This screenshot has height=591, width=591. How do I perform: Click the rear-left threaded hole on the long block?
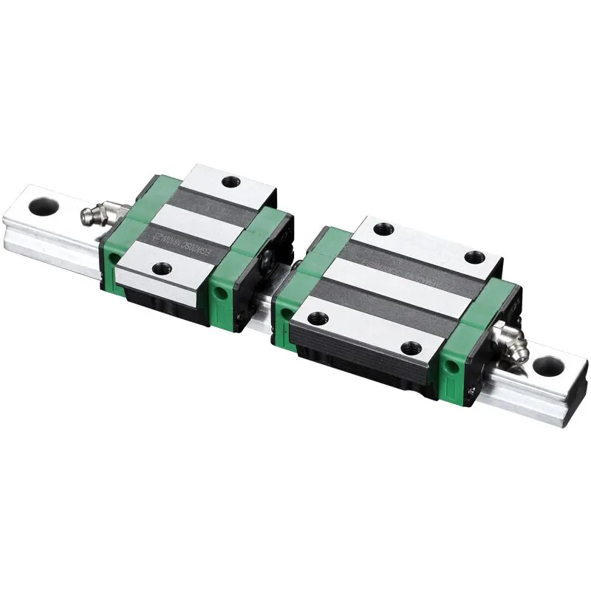383,229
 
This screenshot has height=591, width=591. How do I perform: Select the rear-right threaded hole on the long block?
475,257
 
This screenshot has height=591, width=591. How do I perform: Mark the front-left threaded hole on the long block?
318,318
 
